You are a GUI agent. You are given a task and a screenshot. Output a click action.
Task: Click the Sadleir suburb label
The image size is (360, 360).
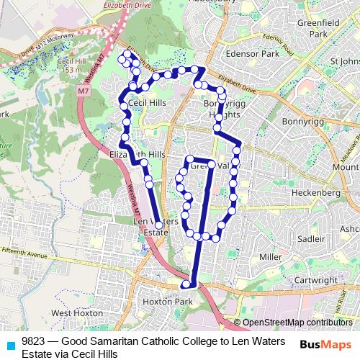click(310, 238)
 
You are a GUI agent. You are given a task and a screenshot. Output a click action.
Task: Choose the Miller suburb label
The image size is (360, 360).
click(271, 257)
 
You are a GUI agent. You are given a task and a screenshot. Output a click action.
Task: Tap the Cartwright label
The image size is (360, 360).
click(315, 280)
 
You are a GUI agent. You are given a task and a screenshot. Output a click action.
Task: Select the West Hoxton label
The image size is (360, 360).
click(72, 313)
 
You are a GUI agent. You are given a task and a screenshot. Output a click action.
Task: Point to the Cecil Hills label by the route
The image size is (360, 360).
click(148, 103)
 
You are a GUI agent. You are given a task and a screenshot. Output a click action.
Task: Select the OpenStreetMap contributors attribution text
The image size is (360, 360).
click(297, 322)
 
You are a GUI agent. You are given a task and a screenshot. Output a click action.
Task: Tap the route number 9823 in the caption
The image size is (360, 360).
click(34, 341)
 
